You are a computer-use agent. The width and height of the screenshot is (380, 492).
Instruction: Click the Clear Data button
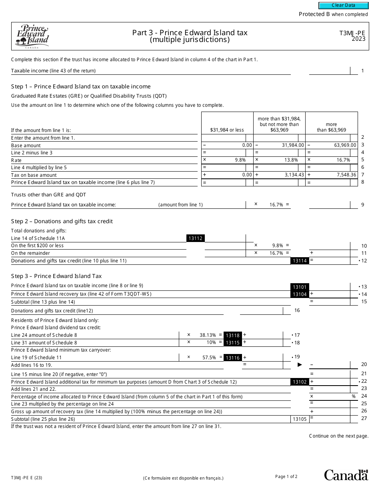[x=343, y=6]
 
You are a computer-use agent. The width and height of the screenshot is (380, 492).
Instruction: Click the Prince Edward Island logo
[x=32, y=36]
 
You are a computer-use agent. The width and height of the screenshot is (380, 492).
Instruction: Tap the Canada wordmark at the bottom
[x=346, y=475]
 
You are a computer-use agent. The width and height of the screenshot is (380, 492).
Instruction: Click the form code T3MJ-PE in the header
[x=352, y=34]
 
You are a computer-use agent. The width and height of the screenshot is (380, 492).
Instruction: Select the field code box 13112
[x=196, y=238]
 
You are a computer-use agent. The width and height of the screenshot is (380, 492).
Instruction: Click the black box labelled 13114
[x=300, y=261]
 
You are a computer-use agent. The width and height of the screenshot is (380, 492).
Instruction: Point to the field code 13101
[x=300, y=287]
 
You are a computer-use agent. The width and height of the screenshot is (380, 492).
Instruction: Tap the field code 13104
[x=300, y=294]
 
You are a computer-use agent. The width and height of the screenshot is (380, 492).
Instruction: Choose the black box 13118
[x=232, y=336]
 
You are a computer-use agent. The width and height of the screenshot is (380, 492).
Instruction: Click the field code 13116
[x=232, y=358]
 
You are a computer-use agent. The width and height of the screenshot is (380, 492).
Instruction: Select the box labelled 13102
[x=300, y=382]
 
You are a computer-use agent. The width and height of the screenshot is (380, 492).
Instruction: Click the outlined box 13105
[x=300, y=419]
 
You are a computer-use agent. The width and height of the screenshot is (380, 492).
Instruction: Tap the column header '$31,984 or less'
[x=227, y=130]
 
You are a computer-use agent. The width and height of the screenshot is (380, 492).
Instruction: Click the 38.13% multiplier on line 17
[x=208, y=335]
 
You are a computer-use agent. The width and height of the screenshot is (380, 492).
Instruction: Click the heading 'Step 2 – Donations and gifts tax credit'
[x=62, y=221]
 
